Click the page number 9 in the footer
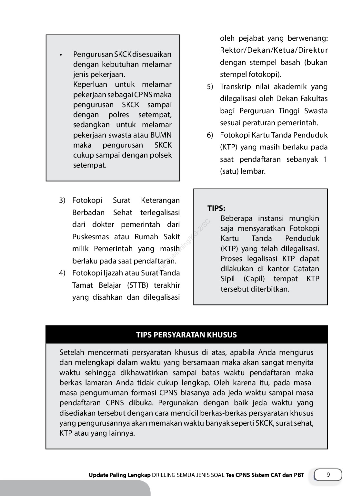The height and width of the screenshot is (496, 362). click(328, 475)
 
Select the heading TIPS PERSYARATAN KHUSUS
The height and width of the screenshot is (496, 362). click(186, 335)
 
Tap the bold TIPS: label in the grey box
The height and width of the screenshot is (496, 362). click(216, 208)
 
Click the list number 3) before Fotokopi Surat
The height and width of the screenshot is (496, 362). click(62, 201)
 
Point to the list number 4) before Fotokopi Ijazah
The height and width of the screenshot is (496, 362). click(62, 273)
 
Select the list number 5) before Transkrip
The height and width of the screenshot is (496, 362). click(210, 87)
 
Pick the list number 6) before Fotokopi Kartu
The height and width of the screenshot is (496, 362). click(210, 135)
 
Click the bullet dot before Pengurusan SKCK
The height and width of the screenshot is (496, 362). click(60, 55)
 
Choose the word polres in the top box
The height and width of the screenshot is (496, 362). click(119, 115)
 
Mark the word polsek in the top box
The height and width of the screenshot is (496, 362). click(161, 155)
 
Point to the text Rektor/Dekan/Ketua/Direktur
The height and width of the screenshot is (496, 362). click(274, 50)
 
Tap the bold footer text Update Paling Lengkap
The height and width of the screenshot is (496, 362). click(119, 475)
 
